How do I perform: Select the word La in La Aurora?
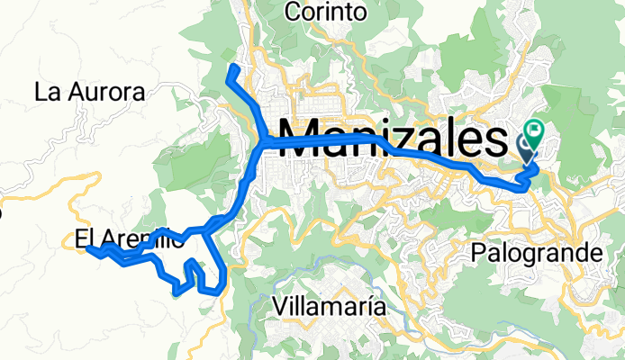point(46,92)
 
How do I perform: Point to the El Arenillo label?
point(130,240)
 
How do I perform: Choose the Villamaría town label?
point(328,306)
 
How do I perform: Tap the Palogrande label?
point(536,255)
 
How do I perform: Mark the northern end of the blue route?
point(233,68)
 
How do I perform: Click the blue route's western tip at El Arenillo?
point(89,249)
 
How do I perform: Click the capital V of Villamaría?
point(277,306)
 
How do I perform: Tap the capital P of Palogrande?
point(477,255)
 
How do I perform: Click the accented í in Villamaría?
point(365,306)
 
